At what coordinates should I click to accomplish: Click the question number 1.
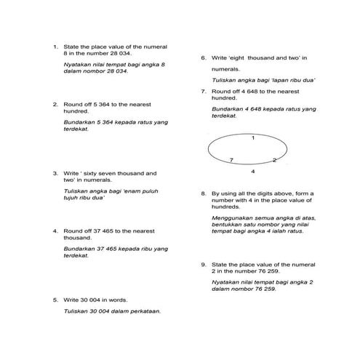coord(55,47)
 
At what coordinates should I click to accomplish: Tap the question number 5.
coord(55,299)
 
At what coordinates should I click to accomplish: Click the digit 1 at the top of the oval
coord(252,137)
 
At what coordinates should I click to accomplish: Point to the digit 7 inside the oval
coord(231,159)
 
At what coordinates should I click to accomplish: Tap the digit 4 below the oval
coord(252,172)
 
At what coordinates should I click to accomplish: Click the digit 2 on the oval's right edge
coord(274,160)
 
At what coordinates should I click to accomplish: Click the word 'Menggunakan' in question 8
coord(231,218)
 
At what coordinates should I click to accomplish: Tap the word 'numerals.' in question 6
coord(226,69)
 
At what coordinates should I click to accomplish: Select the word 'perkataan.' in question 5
coord(144,311)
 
